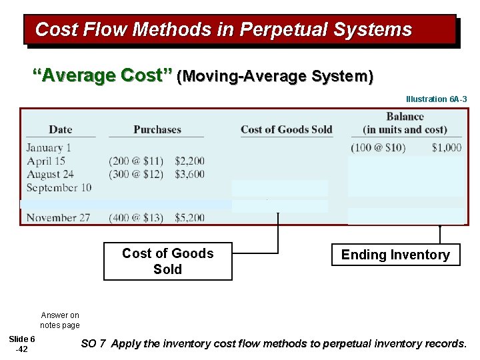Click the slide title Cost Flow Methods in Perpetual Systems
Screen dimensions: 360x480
coord(223,30)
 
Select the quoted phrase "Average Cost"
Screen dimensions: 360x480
coord(103,76)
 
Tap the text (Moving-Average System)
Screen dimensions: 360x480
coord(275,77)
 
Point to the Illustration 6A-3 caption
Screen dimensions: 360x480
coord(436,99)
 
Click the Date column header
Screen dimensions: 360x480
coord(61,129)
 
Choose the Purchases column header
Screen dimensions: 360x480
coord(157,129)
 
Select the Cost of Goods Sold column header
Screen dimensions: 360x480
coord(286,129)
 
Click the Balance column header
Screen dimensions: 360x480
coord(405,123)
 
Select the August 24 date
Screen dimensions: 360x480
coord(50,174)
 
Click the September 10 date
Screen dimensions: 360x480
coord(59,187)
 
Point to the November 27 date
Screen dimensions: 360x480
coord(58,217)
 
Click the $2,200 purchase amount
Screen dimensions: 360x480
coord(189,161)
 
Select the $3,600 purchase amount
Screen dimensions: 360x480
coord(189,174)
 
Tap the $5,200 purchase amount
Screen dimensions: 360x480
coord(189,217)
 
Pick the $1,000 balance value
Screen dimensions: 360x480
coord(446,147)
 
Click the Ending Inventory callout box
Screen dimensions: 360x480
coord(395,255)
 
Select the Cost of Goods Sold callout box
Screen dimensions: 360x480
coord(168,261)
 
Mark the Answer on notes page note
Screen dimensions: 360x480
coord(59,320)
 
